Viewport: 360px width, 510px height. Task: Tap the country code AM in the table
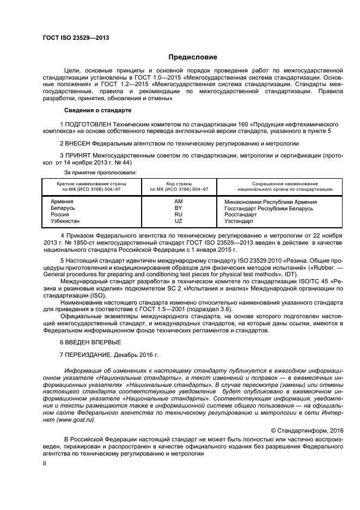[x=178, y=202]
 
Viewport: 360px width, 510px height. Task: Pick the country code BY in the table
[x=178, y=208]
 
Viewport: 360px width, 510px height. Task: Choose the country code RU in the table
[x=178, y=215]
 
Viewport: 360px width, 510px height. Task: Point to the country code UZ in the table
[x=178, y=221]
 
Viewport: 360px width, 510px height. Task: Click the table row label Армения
[x=62, y=202]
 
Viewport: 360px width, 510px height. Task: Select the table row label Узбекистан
[x=66, y=221]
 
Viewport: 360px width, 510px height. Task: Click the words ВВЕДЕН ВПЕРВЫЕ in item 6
[x=93, y=342]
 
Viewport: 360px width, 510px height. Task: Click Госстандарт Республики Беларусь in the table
[x=269, y=208]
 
